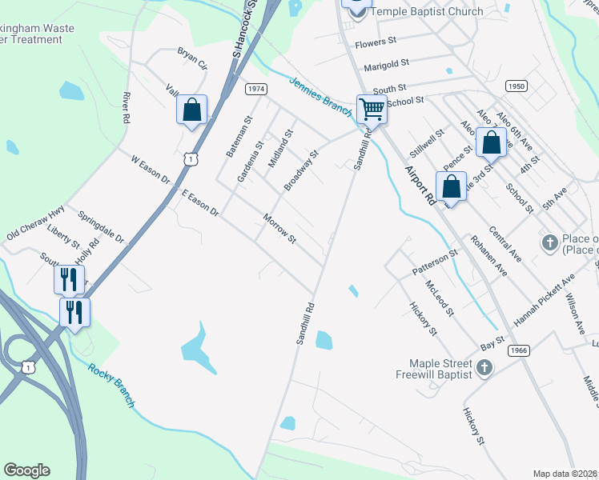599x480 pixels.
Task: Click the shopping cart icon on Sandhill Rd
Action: click(x=372, y=108)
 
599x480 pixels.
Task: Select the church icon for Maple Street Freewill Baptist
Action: click(x=484, y=367)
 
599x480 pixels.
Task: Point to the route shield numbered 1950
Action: click(x=517, y=86)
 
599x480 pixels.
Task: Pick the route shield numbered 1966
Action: click(x=519, y=350)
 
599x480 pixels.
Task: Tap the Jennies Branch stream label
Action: click(x=320, y=93)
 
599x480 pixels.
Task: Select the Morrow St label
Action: click(x=280, y=229)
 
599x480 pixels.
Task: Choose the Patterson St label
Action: click(x=435, y=263)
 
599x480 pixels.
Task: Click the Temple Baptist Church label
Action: click(x=427, y=11)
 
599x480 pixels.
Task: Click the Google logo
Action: click(x=26, y=470)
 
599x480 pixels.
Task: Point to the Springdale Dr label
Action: click(x=102, y=227)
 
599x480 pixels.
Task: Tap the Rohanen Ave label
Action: click(x=488, y=254)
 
